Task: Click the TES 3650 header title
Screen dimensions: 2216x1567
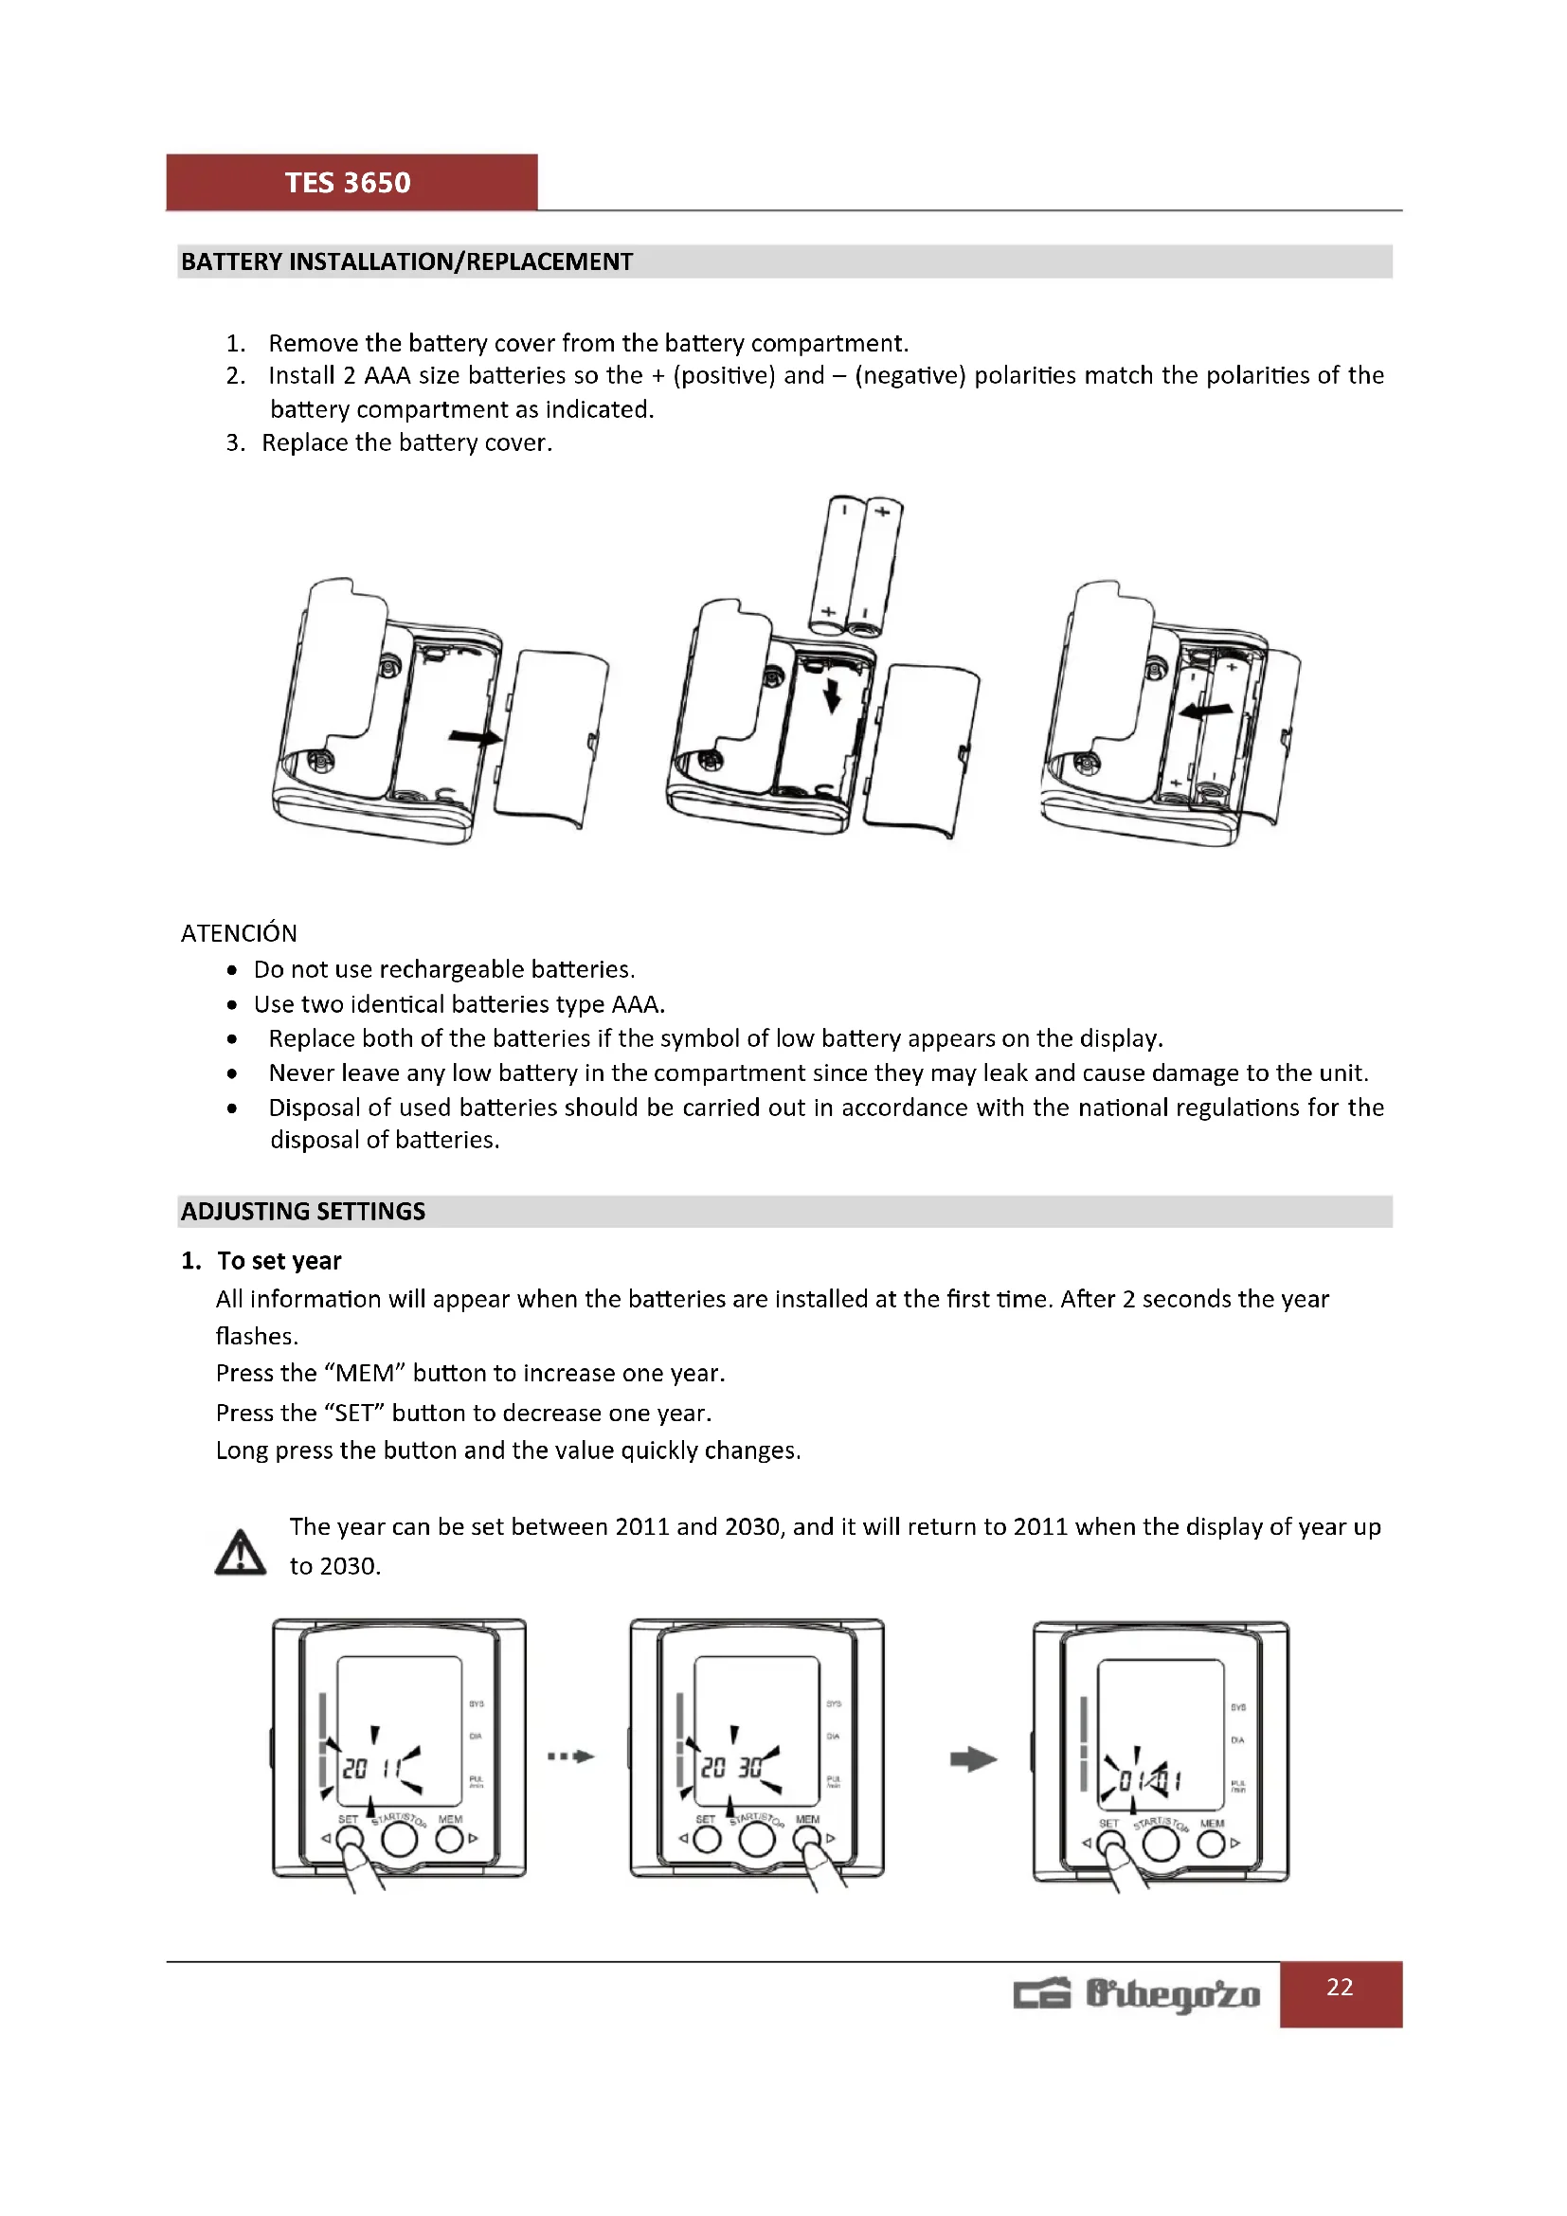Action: (348, 183)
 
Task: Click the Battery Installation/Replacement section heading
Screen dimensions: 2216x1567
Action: (406, 261)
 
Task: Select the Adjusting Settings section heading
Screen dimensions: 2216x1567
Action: (303, 1212)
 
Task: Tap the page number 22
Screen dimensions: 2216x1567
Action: (1340, 1987)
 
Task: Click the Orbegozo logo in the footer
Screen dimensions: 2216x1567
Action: (1137, 1994)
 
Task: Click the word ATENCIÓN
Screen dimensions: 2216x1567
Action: (239, 933)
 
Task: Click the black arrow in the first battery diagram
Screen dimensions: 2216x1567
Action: (475, 737)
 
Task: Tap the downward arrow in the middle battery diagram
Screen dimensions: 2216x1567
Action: (832, 694)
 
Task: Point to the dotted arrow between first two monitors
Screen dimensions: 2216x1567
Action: (570, 1756)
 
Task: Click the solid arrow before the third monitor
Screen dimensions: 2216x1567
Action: (973, 1758)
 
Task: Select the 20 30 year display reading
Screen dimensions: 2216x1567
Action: (730, 1767)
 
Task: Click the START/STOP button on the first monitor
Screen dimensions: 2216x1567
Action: (399, 1840)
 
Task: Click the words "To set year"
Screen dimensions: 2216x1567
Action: (279, 1260)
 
